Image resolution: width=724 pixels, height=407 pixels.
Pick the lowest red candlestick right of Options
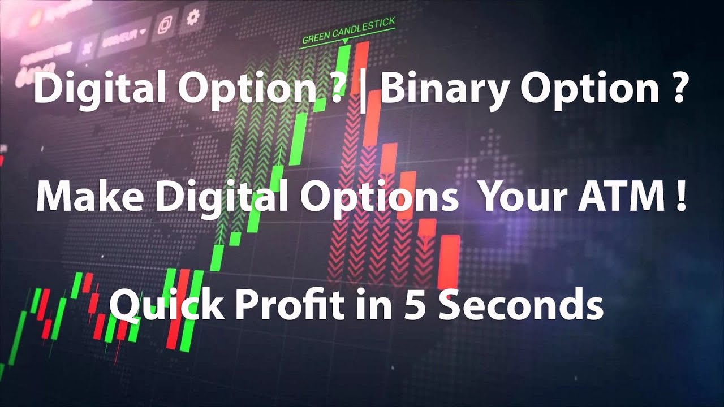tap(450, 261)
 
